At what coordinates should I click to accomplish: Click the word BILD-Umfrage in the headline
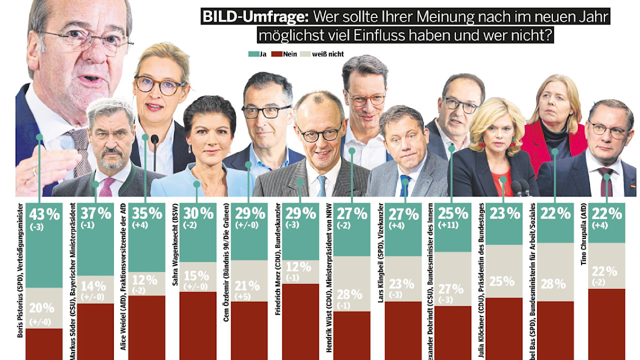(255, 16)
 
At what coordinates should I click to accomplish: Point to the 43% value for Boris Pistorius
(44, 214)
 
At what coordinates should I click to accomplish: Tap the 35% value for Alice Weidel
(146, 214)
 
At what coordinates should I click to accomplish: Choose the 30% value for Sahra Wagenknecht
(198, 214)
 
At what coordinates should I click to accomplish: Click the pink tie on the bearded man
(106, 186)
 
